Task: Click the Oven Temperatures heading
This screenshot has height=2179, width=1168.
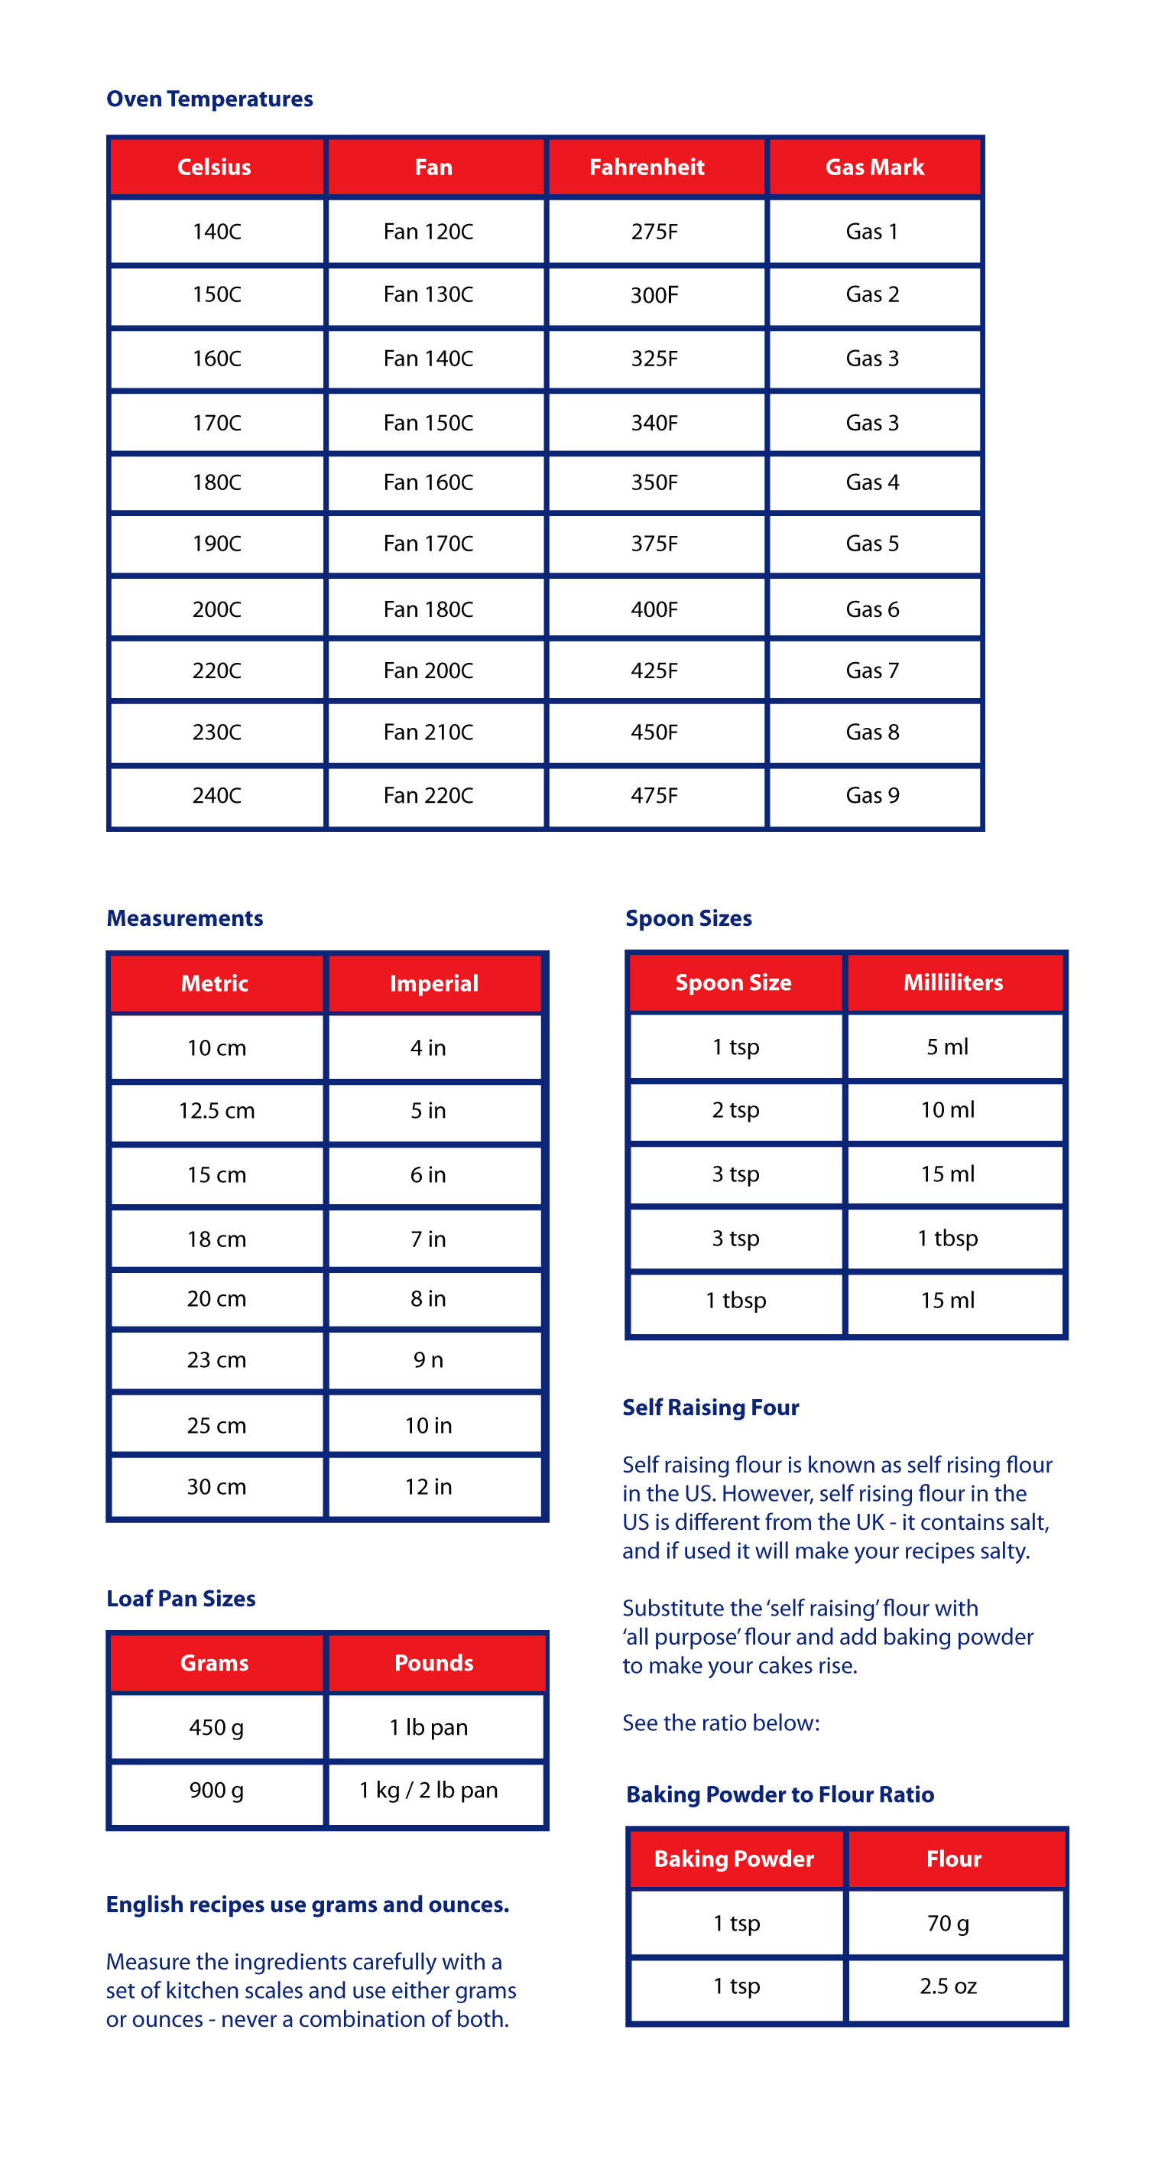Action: (x=209, y=99)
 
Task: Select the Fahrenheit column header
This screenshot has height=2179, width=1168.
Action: (x=646, y=167)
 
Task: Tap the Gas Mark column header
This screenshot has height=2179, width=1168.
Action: (x=874, y=167)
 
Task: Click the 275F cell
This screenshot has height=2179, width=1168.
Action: (x=654, y=231)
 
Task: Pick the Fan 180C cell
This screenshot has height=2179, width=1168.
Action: (x=428, y=609)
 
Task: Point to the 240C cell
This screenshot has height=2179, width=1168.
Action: (x=216, y=795)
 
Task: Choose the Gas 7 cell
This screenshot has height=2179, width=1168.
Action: (x=872, y=671)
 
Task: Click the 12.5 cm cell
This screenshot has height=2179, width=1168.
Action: (x=216, y=1111)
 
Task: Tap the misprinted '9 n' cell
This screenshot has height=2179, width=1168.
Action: (x=428, y=1360)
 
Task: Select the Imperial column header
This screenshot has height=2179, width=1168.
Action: (x=434, y=983)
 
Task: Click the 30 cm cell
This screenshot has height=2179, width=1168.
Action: (x=216, y=1487)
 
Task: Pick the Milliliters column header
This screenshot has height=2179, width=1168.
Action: (x=953, y=982)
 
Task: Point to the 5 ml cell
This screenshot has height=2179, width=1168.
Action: (x=947, y=1047)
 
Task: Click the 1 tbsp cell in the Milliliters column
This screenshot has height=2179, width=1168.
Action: (x=947, y=1239)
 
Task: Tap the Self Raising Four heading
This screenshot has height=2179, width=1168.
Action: (x=710, y=1408)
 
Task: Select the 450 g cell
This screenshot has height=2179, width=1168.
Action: (x=216, y=1727)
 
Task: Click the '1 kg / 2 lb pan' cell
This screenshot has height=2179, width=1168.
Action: (x=428, y=1791)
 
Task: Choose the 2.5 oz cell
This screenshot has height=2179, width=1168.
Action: (x=948, y=1986)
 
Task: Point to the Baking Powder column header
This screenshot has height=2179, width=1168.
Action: (x=734, y=1859)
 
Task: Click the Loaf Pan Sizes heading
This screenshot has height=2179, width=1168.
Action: (x=181, y=1599)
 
